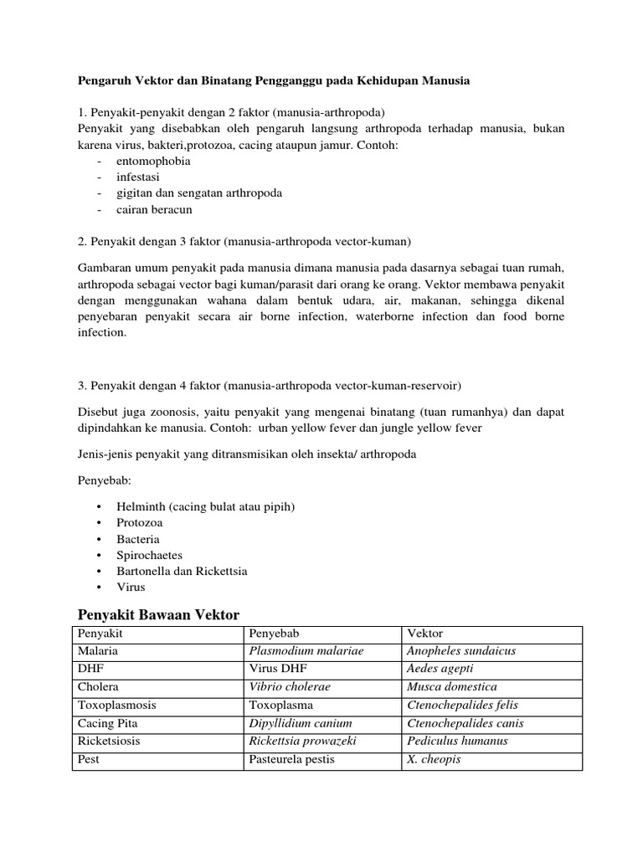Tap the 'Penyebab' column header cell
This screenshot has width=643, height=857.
273,634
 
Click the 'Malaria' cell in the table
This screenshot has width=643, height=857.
98,650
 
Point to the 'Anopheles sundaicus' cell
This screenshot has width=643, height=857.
460,650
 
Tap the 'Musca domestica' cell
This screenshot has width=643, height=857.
451,687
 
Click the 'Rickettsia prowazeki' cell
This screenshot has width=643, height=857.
306,742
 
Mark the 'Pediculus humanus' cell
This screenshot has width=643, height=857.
457,742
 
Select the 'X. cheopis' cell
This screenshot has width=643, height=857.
434,760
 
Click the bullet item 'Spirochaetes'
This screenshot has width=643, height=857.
150,555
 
